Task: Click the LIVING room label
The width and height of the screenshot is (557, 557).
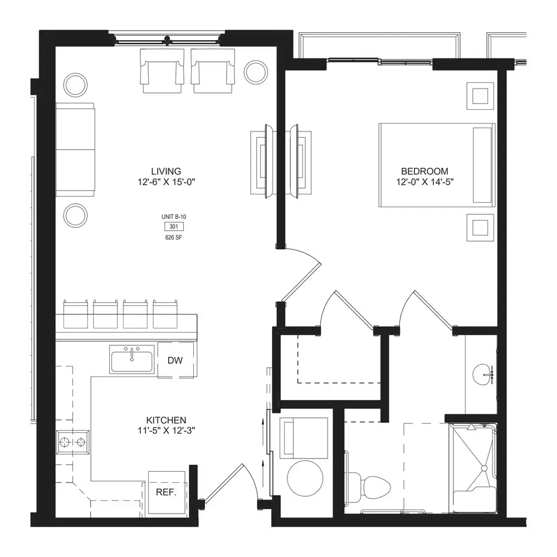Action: [x=166, y=171]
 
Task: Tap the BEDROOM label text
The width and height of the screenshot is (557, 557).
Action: [x=424, y=171]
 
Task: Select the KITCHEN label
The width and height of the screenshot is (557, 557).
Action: [x=166, y=420]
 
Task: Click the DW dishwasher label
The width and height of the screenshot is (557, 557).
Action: [x=175, y=360]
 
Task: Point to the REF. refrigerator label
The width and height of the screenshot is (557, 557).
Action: [x=166, y=493]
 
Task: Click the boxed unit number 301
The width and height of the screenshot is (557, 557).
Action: [x=174, y=227]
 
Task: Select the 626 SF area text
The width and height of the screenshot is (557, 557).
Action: [x=174, y=237]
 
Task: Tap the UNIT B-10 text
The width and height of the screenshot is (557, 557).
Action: [x=174, y=217]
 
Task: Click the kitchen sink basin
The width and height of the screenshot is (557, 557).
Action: [x=132, y=361]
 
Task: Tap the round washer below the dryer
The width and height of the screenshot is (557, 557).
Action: [x=305, y=478]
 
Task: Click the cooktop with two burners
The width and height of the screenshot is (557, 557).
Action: [x=73, y=442]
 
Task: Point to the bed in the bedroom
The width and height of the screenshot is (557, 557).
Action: [x=437, y=165]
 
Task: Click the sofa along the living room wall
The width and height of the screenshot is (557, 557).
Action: [x=75, y=149]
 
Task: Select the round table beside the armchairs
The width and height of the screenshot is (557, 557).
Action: [x=256, y=72]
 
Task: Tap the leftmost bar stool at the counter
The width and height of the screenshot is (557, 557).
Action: [x=75, y=314]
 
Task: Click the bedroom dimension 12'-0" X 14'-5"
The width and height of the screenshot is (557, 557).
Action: [x=425, y=182]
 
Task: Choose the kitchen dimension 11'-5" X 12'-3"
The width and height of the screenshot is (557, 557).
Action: [x=166, y=431]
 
